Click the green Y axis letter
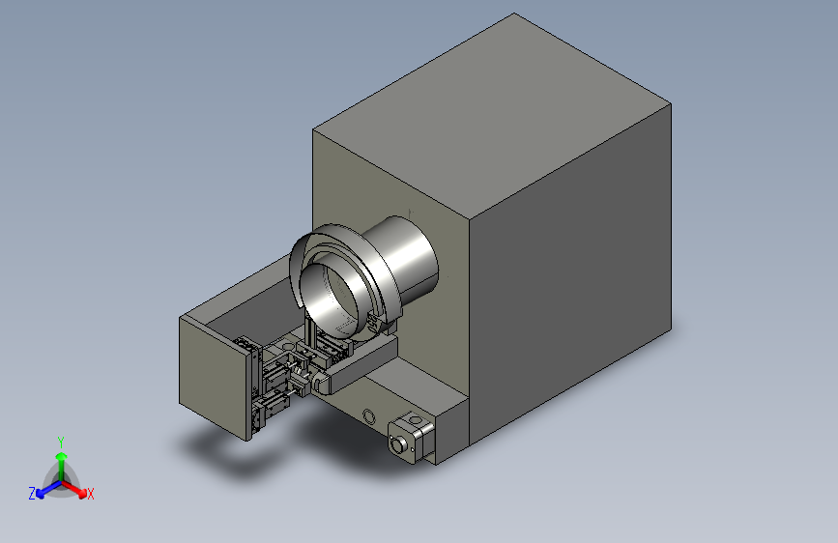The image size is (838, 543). pyautogui.click(x=60, y=442)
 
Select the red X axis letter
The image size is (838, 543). pyautogui.click(x=90, y=494)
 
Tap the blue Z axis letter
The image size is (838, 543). pyautogui.click(x=32, y=494)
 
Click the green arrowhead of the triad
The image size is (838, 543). pyautogui.click(x=62, y=457)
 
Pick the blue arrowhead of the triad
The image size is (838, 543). pyautogui.click(x=41, y=494)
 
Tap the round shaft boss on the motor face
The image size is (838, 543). pyautogui.click(x=397, y=444)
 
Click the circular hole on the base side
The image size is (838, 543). pyautogui.click(x=368, y=415)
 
